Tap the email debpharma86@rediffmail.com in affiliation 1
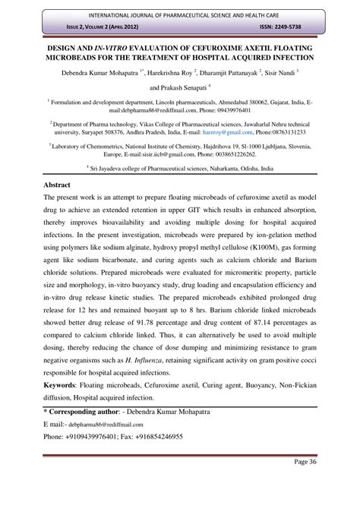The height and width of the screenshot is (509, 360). pyautogui.click(x=92, y=110)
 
